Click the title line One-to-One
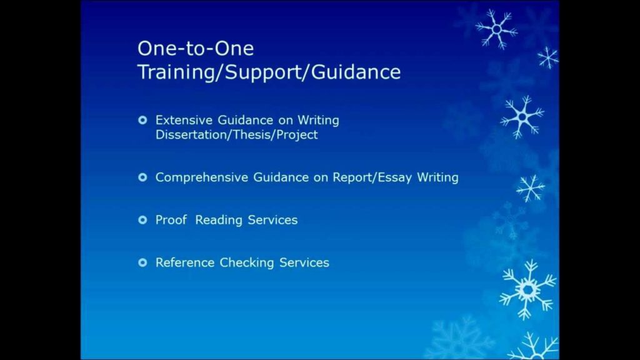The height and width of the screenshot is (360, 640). click(196, 49)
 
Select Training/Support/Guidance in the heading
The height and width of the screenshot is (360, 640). click(269, 72)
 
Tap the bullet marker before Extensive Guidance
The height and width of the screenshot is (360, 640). click(142, 120)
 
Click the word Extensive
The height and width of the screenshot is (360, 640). click(184, 120)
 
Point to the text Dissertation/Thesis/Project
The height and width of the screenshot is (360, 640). click(236, 135)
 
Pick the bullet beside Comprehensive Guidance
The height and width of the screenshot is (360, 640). click(142, 177)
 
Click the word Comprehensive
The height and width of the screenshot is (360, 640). click(202, 177)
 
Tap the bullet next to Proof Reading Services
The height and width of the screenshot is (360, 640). click(142, 220)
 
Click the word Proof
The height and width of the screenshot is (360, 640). click(171, 220)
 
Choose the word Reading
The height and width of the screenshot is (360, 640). click(219, 221)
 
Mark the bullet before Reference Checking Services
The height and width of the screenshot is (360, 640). click(142, 262)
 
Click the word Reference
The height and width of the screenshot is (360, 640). click(185, 262)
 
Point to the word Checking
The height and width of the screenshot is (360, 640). click(247, 263)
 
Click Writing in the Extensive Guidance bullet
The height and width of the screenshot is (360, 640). click(318, 121)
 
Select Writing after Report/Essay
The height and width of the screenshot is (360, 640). click(437, 177)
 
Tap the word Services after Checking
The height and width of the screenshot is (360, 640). click(304, 262)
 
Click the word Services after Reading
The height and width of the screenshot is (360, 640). click(272, 220)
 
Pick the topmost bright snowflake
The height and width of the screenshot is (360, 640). click(496, 29)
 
